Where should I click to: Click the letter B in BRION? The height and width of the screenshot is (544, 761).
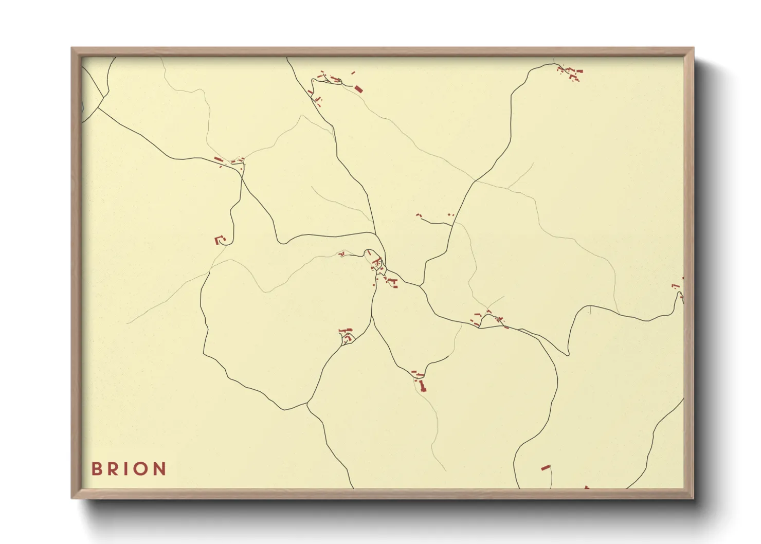[96, 468]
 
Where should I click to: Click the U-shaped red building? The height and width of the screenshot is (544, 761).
[219, 240]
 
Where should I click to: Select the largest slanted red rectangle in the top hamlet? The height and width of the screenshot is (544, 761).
[358, 89]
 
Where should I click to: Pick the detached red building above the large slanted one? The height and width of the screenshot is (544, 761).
[353, 73]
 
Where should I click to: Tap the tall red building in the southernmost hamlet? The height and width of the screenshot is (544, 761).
[423, 386]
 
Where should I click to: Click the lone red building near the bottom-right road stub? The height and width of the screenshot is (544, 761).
[546, 467]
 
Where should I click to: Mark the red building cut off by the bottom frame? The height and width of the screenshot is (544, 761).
[586, 487]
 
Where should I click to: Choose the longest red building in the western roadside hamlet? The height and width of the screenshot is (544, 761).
[219, 159]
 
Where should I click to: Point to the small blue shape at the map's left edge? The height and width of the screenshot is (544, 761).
[83, 107]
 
